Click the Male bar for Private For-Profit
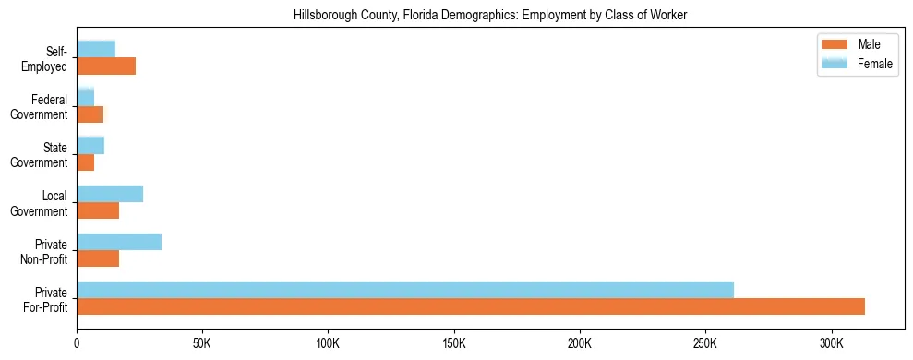point(471,306)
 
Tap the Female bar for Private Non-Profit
point(119,242)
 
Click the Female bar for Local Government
point(110,194)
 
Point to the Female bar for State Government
point(90,146)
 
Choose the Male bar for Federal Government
point(90,114)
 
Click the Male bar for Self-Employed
point(106,66)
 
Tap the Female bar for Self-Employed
point(96,49)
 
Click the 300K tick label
point(832,343)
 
